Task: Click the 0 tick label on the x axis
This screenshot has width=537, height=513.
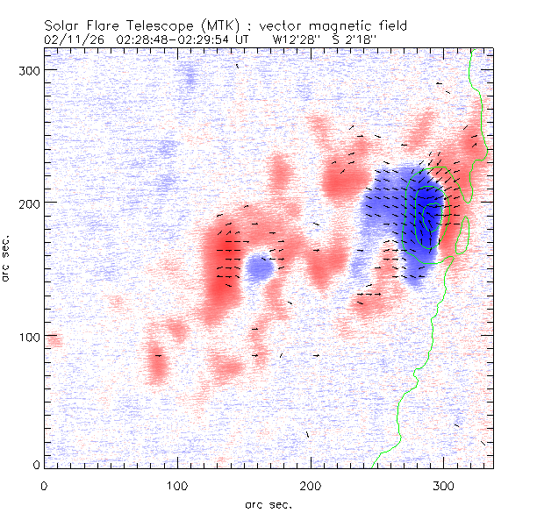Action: [x=44, y=484]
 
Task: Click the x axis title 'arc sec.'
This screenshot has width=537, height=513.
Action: [x=268, y=504]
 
